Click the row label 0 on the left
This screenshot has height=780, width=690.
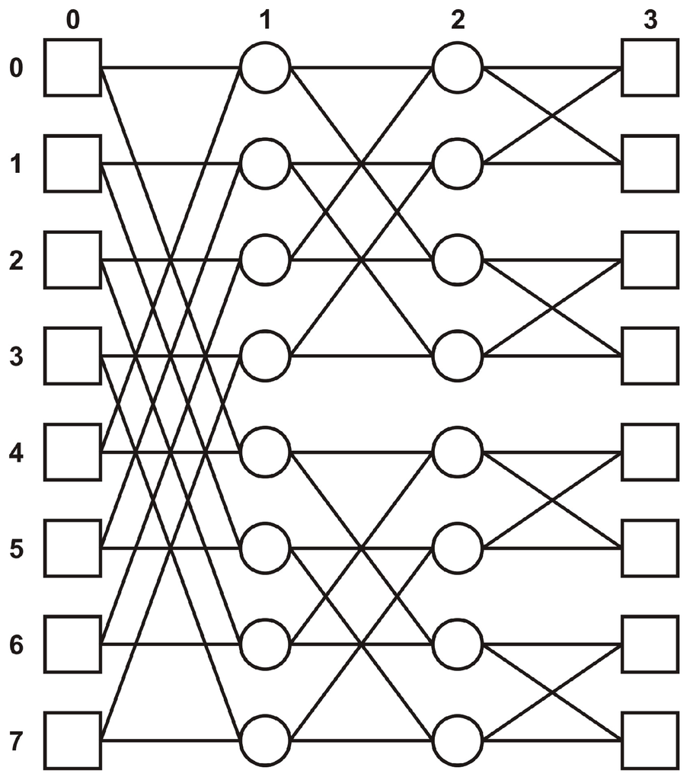pyautogui.click(x=15, y=69)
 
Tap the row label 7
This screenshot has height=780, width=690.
pyautogui.click(x=15, y=741)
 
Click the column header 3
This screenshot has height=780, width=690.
pyautogui.click(x=649, y=21)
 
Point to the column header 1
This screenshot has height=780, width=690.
pyautogui.click(x=265, y=21)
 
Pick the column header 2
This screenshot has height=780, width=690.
pyautogui.click(x=457, y=21)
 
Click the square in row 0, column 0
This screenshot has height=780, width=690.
pyautogui.click(x=72, y=68)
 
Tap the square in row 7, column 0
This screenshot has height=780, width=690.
pyautogui.click(x=72, y=740)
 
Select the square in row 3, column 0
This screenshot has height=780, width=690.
pyautogui.click(x=72, y=356)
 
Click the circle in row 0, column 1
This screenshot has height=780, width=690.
pyautogui.click(x=265, y=68)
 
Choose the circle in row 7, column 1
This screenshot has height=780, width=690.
pyautogui.click(x=265, y=740)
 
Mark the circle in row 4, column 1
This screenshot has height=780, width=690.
pyautogui.click(x=265, y=452)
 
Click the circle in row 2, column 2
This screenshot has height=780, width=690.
pyautogui.click(x=457, y=260)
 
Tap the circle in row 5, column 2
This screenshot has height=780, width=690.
pyautogui.click(x=457, y=548)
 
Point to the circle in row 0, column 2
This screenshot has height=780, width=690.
pyautogui.click(x=457, y=68)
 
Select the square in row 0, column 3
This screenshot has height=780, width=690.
pyautogui.click(x=650, y=68)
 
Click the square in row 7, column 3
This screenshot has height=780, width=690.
pyautogui.click(x=650, y=740)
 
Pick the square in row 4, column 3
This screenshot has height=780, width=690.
pyautogui.click(x=650, y=452)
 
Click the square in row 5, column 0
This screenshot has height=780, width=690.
pyautogui.click(x=72, y=548)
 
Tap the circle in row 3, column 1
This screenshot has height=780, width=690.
pyautogui.click(x=265, y=356)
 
